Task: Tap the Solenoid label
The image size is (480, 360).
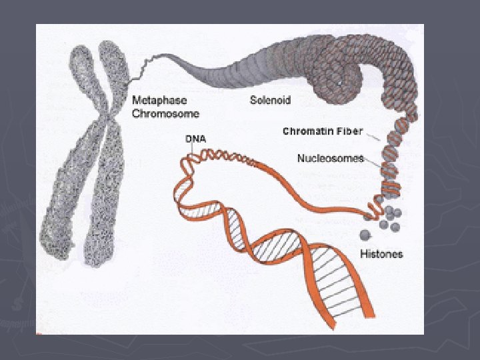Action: click(x=270, y=101)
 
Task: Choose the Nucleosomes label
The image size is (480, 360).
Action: click(x=330, y=159)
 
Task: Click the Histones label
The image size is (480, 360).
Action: click(x=381, y=254)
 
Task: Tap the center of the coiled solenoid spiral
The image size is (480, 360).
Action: click(x=340, y=80)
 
